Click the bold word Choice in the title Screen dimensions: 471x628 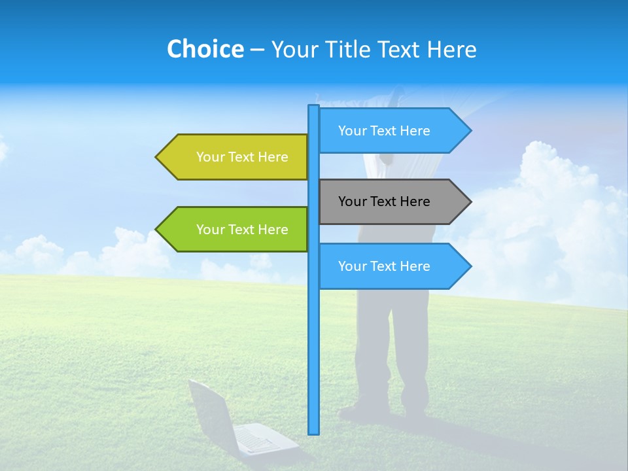205,49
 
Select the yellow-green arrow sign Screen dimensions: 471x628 235,157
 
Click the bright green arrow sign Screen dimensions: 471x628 235,230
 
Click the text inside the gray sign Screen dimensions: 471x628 384,201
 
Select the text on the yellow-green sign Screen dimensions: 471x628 242,157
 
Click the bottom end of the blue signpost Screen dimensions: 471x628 314,431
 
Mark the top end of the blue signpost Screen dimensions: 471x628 314,107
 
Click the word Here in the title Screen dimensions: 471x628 451,49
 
